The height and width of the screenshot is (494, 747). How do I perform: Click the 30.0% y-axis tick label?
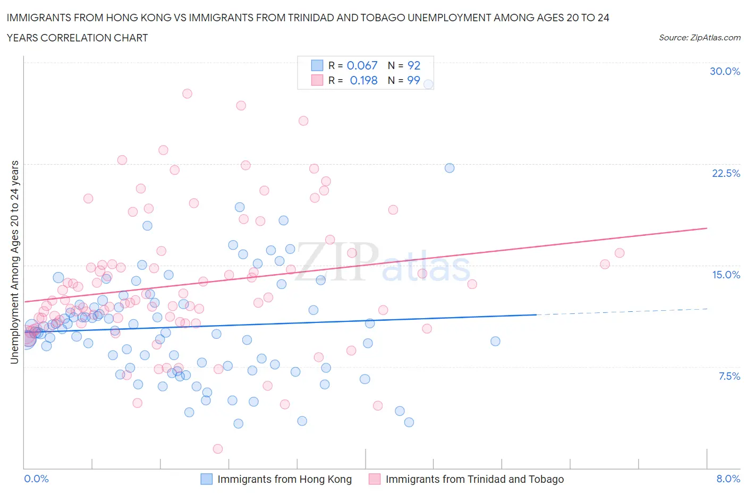725,71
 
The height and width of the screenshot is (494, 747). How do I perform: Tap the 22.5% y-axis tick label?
726,173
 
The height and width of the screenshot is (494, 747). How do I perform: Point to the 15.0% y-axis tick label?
726,275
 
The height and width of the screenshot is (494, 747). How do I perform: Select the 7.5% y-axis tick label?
729,376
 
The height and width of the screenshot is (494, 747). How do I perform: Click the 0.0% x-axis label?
36,479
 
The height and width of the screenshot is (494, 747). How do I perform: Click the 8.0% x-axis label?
728,479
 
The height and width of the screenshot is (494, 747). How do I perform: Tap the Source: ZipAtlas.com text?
699,37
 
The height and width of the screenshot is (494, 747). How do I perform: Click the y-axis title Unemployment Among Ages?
14,262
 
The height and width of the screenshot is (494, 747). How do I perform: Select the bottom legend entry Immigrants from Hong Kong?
284,479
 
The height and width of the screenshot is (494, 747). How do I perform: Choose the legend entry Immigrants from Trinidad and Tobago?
474,479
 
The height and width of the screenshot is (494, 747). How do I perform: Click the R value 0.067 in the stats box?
362,65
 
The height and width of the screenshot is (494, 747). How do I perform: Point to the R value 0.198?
363,80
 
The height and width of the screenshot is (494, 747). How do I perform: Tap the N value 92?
414,65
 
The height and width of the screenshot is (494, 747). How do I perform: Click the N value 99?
413,80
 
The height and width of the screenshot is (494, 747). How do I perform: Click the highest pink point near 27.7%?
187,93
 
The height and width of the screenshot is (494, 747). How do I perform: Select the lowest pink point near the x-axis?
218,449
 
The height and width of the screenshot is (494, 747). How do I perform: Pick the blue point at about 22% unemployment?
449,168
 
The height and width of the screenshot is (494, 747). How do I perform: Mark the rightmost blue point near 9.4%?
495,341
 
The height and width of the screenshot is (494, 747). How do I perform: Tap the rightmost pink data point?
619,253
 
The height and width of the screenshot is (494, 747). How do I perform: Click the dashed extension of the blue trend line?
622,312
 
